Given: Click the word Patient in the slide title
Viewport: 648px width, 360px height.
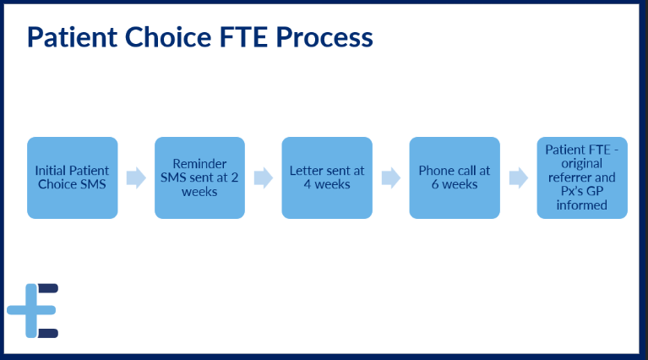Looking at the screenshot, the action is pyautogui.click(x=73, y=37).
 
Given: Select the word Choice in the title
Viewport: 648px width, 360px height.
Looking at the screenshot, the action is pyautogui.click(x=168, y=37).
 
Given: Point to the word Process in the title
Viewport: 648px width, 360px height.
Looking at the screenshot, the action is pyautogui.click(x=324, y=37).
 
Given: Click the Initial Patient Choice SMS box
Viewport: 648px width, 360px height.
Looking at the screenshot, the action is pyautogui.click(x=73, y=177).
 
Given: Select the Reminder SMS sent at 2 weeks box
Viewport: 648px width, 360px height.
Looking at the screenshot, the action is pyautogui.click(x=199, y=177).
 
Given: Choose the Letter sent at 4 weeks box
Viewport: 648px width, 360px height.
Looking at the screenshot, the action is pyautogui.click(x=327, y=177).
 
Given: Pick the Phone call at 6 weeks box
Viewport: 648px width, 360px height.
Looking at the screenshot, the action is pyautogui.click(x=455, y=177).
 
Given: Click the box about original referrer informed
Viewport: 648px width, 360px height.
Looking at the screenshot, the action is pyautogui.click(x=582, y=177).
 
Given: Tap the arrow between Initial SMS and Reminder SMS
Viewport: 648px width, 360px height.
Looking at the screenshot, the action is pyautogui.click(x=136, y=178).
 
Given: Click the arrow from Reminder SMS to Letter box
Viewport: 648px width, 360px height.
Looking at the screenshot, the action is pyautogui.click(x=264, y=178).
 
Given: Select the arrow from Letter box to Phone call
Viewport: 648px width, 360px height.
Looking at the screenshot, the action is pyautogui.click(x=391, y=178).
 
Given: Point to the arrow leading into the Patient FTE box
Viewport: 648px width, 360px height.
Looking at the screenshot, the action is pyautogui.click(x=519, y=178).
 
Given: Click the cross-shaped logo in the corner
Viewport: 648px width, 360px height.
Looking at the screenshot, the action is pyautogui.click(x=33, y=310).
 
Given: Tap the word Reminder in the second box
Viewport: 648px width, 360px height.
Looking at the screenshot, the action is pyautogui.click(x=199, y=164).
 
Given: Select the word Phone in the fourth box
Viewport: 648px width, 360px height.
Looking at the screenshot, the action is pyautogui.click(x=436, y=171).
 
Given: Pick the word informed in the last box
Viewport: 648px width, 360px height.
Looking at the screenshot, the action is pyautogui.click(x=582, y=205).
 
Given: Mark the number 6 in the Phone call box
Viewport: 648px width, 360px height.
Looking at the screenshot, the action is pyautogui.click(x=435, y=184).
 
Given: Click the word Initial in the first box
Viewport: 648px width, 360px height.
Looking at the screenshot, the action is pyautogui.click(x=50, y=171).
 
